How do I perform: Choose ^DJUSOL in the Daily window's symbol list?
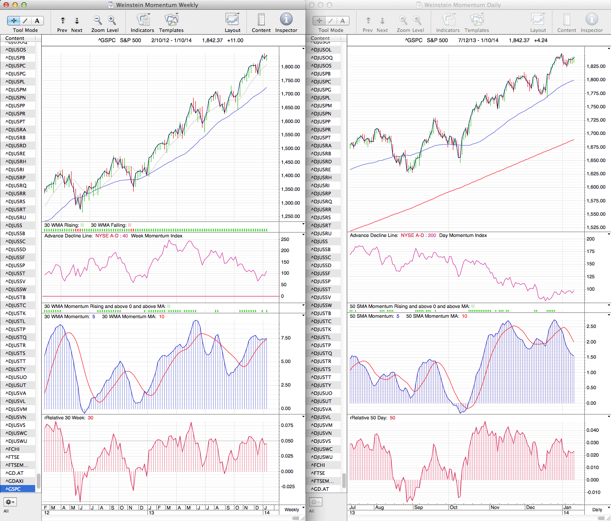coord(321,50)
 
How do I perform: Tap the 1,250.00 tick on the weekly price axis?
coord(290,217)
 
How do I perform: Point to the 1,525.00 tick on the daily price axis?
coord(596,227)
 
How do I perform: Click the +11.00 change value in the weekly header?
coord(235,40)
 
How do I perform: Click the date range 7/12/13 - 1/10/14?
coord(478,40)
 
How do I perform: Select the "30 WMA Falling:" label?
coord(108,225)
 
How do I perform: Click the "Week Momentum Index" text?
coord(156,236)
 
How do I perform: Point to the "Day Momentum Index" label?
coord(463,236)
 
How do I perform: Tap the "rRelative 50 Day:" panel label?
coord(369,418)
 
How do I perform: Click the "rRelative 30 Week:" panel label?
coord(64,418)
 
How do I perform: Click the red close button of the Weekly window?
coord(6,5)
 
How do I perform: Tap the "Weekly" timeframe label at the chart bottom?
coord(292,509)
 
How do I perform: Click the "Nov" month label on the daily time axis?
coord(495,507)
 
